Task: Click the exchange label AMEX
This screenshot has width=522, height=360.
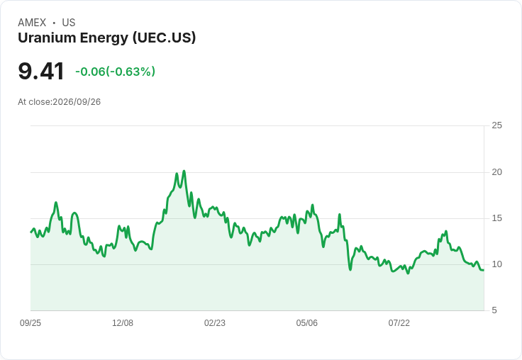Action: [x=32, y=23]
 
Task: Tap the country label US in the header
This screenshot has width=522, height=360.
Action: [x=69, y=23]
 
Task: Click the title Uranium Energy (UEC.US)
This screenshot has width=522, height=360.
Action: [x=107, y=38]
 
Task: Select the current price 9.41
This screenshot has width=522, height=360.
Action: [x=41, y=71]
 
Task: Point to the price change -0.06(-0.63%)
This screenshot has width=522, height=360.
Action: [x=115, y=72]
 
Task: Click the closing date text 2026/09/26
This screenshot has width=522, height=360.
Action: [x=77, y=102]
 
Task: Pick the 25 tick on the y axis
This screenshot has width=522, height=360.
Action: [x=496, y=125]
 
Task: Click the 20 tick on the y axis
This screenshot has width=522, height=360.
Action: [x=496, y=172]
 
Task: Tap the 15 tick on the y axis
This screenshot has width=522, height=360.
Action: [x=496, y=218]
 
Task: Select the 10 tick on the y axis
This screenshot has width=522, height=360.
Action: [x=496, y=264]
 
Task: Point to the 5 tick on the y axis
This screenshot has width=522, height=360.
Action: [x=494, y=310]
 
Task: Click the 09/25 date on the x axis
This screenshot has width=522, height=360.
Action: [x=30, y=323]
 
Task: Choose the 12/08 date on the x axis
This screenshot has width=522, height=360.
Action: [x=123, y=323]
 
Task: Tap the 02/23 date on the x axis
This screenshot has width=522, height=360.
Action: [x=215, y=323]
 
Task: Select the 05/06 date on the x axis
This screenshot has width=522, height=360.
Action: [x=306, y=323]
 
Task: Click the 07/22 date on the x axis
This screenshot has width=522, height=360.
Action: [x=399, y=323]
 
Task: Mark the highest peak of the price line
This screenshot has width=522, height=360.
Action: [x=184, y=171]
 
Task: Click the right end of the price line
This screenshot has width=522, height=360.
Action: [x=484, y=270]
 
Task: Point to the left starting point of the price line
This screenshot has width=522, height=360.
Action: [x=31, y=232]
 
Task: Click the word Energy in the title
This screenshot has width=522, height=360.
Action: [x=104, y=38]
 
